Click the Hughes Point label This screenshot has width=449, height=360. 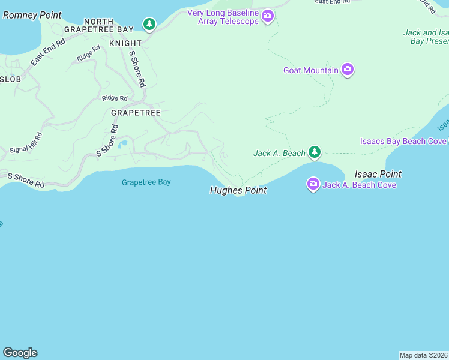point(238,190)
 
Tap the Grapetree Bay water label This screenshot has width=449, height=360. point(146,182)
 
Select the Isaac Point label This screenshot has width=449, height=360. point(378,174)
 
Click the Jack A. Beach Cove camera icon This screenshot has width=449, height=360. point(313,184)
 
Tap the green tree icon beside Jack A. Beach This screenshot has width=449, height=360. point(313,152)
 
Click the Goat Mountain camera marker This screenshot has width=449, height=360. point(347,70)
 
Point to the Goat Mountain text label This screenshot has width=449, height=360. point(311,70)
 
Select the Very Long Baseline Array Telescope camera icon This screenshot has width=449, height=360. point(267,17)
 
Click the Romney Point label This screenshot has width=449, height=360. point(32,14)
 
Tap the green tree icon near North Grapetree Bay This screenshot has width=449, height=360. point(149,25)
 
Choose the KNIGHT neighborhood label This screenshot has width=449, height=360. point(125,43)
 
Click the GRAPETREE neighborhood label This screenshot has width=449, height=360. point(135,112)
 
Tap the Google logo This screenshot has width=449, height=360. point(20,353)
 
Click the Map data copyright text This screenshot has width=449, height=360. point(424,355)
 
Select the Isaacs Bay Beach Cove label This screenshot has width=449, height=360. point(403,141)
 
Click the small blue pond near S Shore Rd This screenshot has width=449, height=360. point(123,144)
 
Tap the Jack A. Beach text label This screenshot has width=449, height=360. point(279,153)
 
